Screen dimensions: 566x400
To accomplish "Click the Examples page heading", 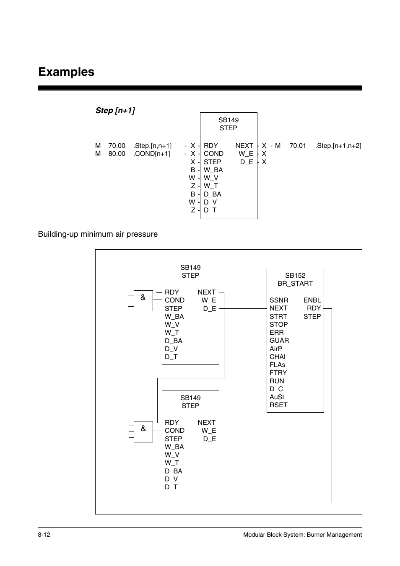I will pyautogui.click(x=66, y=72).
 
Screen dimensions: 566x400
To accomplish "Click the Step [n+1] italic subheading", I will pyautogui.click(x=115, y=111).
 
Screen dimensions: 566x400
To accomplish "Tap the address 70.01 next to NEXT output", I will pyautogui.click(x=298, y=146).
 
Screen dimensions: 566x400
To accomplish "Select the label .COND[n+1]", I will pyautogui.click(x=152, y=154).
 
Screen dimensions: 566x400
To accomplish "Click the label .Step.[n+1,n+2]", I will pyautogui.click(x=338, y=146).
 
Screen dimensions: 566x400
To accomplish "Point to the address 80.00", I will pyautogui.click(x=117, y=154).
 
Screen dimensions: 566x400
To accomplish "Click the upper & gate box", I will pyautogui.click(x=143, y=300).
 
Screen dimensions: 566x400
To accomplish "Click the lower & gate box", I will pyautogui.click(x=143, y=431).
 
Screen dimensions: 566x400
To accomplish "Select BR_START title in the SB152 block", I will pyautogui.click(x=295, y=284).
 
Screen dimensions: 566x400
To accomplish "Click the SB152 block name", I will pyautogui.click(x=295, y=276).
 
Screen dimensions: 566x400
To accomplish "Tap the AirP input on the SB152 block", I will pyautogui.click(x=276, y=349).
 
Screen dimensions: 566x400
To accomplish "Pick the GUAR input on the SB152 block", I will pyautogui.click(x=279, y=341).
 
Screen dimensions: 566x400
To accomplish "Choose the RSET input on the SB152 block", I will pyautogui.click(x=278, y=405).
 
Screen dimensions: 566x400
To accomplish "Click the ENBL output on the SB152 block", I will pyautogui.click(x=312, y=300).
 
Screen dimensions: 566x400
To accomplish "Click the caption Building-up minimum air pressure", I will pyautogui.click(x=98, y=234).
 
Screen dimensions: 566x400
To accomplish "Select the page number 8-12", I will pyautogui.click(x=44, y=535).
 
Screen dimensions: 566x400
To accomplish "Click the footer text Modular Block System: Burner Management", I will pyautogui.click(x=302, y=535).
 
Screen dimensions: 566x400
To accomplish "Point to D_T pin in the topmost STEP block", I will pyautogui.click(x=210, y=210).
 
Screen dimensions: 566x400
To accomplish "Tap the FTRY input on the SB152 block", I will pyautogui.click(x=278, y=373).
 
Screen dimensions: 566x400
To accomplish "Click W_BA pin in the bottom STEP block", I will pyautogui.click(x=174, y=447).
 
